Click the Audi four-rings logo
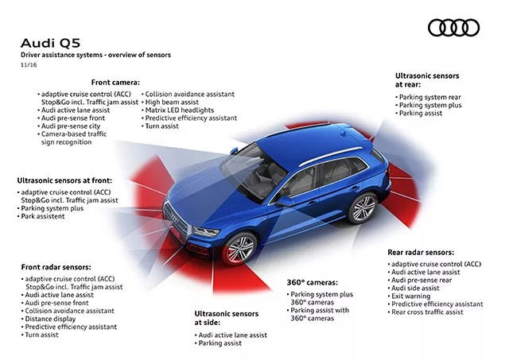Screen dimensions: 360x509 tap(453, 29)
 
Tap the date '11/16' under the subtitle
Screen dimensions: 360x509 tap(29, 64)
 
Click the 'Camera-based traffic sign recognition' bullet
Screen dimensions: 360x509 tap(76, 138)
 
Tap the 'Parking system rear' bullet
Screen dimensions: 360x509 tap(429, 96)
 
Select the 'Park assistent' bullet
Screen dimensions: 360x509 tap(43, 216)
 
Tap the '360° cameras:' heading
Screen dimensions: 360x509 tap(313, 282)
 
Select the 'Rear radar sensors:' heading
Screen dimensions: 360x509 tap(423, 252)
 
